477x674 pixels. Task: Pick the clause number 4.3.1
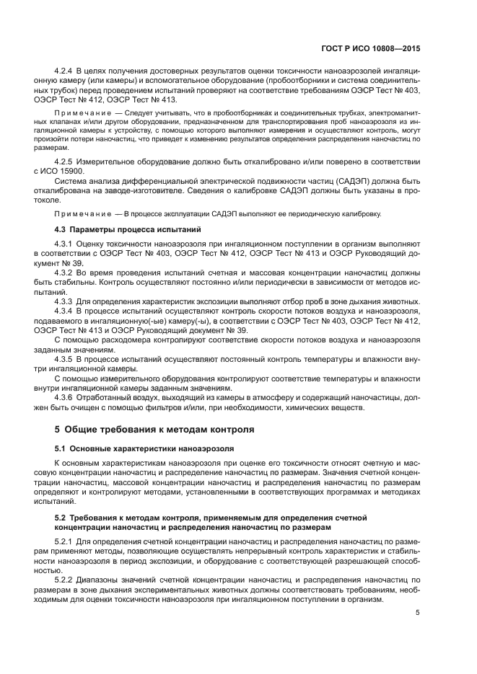(66, 245)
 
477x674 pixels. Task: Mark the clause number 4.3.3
(66, 301)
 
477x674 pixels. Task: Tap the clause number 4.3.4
(66, 311)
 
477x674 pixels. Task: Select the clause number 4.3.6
(66, 398)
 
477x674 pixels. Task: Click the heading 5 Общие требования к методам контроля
(154, 430)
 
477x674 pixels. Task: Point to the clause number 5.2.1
(66, 541)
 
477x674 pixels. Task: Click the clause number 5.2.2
(66, 580)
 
